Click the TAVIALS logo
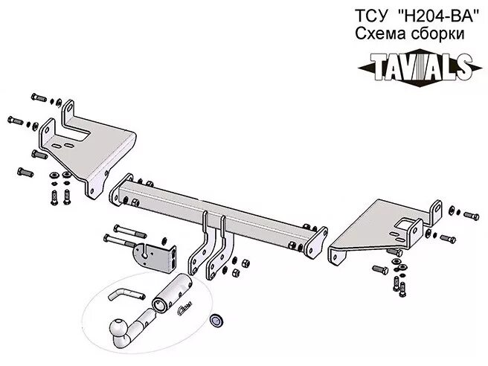pos(416,68)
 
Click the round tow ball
pos(121,327)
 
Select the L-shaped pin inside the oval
pos(123,292)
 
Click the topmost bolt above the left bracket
pos(38,98)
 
